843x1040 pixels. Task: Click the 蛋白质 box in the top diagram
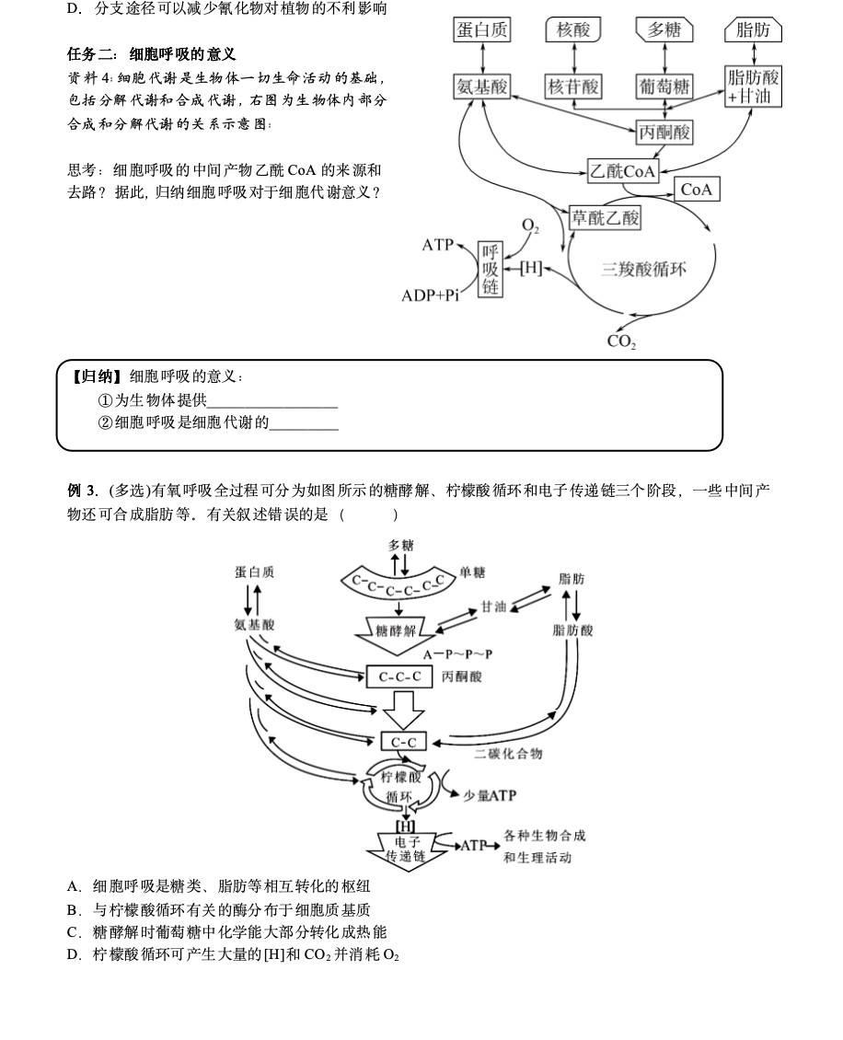pos(482,29)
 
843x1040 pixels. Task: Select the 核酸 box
pos(573,29)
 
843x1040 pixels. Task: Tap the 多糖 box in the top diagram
pos(664,29)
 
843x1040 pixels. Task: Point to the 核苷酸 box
pos(573,87)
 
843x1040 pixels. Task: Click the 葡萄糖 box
pos(664,87)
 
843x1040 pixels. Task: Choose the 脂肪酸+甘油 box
pos(753,87)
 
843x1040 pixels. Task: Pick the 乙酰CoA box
pos(623,170)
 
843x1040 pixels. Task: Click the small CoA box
pos(697,190)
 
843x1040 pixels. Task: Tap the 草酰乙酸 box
pos(605,218)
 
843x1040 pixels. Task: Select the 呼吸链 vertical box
pos(490,270)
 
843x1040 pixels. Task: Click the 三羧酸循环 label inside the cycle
pos(643,270)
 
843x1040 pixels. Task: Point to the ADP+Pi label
pos(430,295)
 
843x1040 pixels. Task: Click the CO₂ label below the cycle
pos(622,341)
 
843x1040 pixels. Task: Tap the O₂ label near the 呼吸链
pos(531,226)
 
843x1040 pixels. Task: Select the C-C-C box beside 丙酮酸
pos(400,676)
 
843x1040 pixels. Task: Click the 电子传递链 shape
pos(409,849)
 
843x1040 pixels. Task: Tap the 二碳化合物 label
pos(508,754)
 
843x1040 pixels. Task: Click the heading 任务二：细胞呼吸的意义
pos(152,54)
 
